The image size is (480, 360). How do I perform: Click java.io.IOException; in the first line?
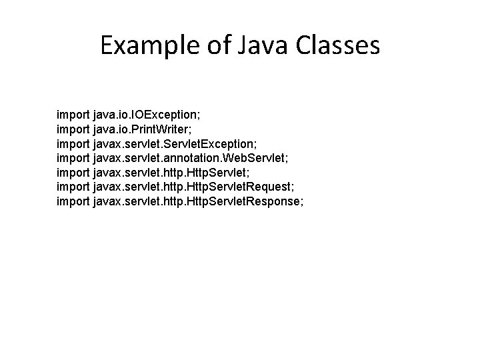coord(153,115)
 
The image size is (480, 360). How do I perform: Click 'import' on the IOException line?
coord(74,115)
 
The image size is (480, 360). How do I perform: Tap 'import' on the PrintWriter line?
coord(74,129)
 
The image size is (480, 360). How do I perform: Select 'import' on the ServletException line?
coord(74,143)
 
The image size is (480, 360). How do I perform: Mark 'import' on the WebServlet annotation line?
coord(74,157)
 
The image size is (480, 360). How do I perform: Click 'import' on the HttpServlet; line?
coord(74,171)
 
